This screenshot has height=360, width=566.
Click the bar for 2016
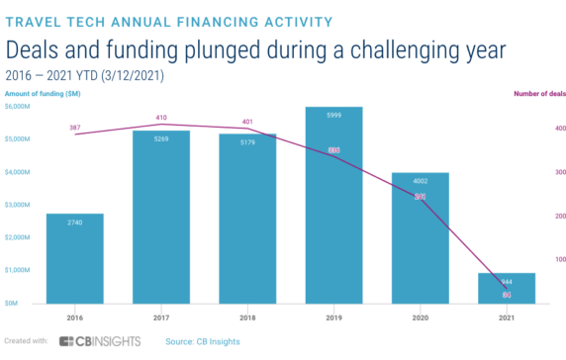click(x=74, y=258)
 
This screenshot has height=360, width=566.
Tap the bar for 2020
click(x=421, y=237)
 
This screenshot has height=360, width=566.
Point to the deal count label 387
click(x=74, y=128)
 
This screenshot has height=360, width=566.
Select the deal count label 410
click(x=161, y=118)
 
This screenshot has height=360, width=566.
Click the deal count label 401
click(x=247, y=123)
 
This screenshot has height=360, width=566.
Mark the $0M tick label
click(x=14, y=303)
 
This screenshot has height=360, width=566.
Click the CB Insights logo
click(x=99, y=341)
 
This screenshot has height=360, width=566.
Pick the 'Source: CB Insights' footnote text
click(x=204, y=341)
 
